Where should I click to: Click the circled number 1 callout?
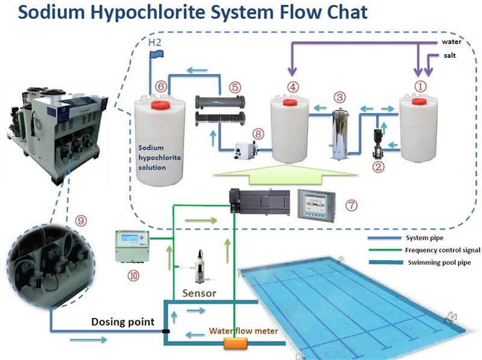tap(421, 86)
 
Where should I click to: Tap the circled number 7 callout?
tap(351, 205)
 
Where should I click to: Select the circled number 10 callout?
tap(132, 276)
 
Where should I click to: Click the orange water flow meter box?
tap(237, 344)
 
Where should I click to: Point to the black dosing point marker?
tap(166, 331)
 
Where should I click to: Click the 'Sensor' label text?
tap(200, 294)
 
